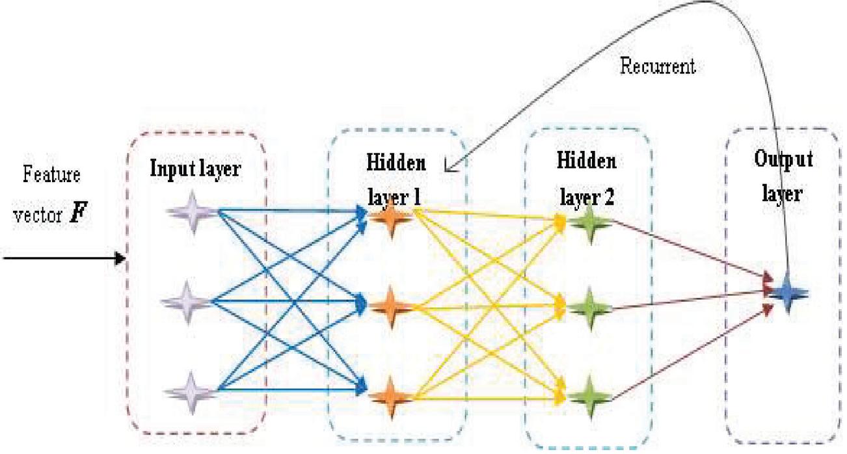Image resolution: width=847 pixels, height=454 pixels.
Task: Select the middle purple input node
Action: pos(189,301)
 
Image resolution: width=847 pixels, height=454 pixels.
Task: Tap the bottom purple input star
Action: pos(189,390)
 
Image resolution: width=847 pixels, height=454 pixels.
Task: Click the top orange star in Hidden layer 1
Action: pos(390,216)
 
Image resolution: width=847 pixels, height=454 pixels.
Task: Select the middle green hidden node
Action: pos(591,304)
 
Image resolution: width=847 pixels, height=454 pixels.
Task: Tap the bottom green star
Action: pos(591,394)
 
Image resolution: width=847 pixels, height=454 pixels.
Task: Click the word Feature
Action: pos(51,174)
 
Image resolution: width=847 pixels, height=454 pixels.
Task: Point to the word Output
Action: pos(783,160)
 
